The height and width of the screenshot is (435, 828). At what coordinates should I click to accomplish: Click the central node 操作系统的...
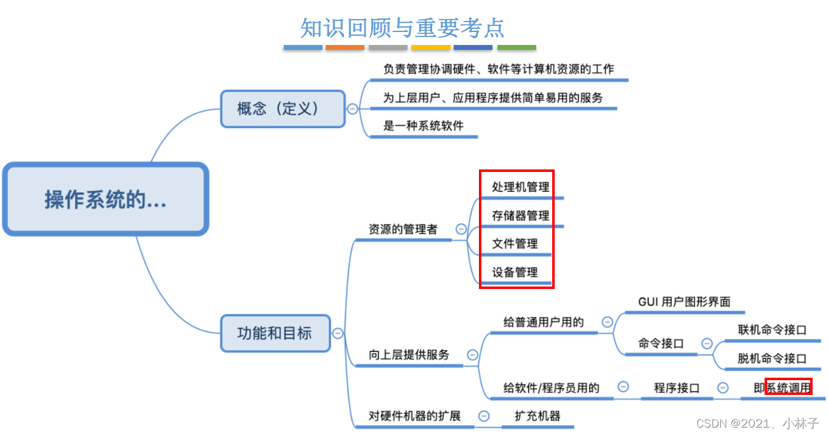coord(105,199)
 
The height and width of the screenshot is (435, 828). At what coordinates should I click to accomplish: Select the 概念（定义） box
coord(283,109)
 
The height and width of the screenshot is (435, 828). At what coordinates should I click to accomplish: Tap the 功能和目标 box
coord(275,333)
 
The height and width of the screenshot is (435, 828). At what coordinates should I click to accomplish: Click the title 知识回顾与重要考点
coord(402,27)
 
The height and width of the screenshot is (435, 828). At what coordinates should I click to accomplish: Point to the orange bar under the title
coord(345,47)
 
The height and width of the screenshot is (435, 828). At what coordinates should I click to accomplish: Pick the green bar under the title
coord(516,47)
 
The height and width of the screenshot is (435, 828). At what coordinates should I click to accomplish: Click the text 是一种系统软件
coord(423,126)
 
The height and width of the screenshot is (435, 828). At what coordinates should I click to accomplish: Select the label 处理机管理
coord(520,187)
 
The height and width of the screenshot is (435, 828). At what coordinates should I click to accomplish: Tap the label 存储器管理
coord(520,216)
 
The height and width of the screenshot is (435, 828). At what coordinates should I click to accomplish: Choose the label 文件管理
coord(515,243)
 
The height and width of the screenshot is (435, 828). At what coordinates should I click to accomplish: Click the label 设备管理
coord(515,272)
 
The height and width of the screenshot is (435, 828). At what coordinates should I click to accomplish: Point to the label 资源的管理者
coord(403,229)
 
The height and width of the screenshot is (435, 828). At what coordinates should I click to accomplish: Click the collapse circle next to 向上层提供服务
coord(473,355)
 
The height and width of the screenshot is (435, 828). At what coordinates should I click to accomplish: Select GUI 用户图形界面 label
coord(684,302)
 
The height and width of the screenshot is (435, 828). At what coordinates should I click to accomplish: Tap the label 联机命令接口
coord(772,330)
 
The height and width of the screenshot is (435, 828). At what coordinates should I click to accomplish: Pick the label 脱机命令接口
coord(772,358)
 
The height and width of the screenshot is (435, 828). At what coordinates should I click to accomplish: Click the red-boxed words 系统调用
coord(788,388)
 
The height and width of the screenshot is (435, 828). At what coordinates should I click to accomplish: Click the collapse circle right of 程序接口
coord(723,388)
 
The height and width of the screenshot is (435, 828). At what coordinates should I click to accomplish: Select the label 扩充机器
coord(538,416)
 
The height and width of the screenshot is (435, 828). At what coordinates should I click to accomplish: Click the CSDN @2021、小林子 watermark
coord(757,423)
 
